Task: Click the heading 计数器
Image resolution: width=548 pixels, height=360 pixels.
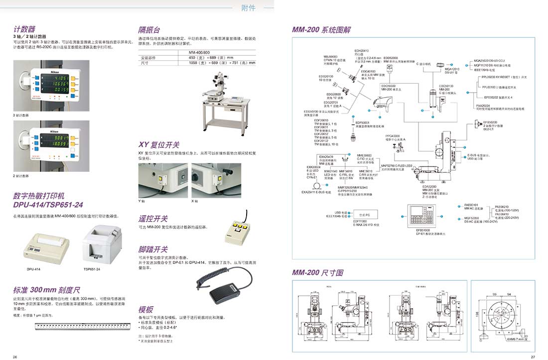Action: (x=24, y=29)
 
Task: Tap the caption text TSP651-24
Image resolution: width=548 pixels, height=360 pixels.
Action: (x=92, y=269)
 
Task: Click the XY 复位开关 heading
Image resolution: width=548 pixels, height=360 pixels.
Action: (x=158, y=145)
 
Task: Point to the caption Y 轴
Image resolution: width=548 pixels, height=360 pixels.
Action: (x=141, y=201)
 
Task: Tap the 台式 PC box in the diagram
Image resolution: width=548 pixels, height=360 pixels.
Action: (x=368, y=215)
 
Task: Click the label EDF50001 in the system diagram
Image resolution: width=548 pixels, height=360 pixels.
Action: (x=362, y=122)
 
